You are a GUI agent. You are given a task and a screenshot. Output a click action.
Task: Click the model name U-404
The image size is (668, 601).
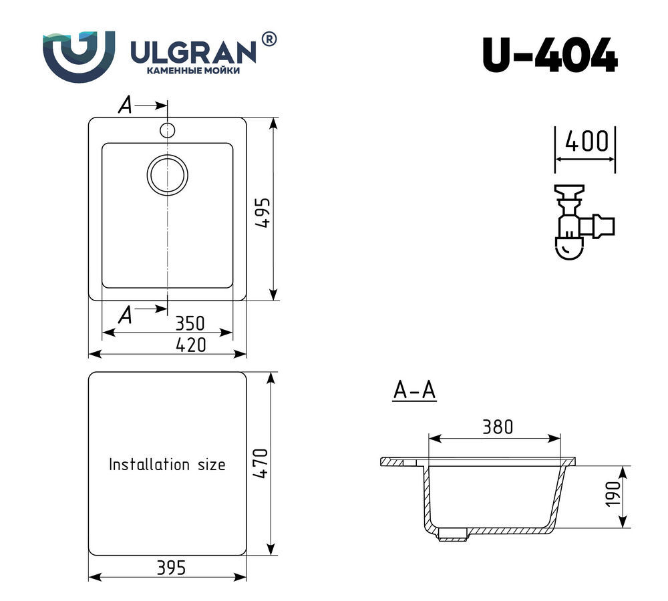(x=549, y=56)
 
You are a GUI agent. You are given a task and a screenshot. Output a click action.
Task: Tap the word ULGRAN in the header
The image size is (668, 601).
(x=191, y=50)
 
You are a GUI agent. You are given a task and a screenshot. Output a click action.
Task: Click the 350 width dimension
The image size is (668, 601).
(x=189, y=324)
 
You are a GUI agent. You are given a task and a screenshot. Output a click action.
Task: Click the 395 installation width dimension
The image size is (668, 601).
(x=170, y=568)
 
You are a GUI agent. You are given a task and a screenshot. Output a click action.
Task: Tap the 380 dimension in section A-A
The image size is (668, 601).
(x=496, y=427)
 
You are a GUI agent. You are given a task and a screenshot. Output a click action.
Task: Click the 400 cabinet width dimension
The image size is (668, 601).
(x=586, y=142)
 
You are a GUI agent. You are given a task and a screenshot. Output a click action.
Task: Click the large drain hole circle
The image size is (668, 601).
(x=168, y=175)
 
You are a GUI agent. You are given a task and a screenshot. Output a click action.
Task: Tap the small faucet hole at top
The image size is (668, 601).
(x=167, y=129)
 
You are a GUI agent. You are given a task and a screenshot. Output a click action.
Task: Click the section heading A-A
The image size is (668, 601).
(x=414, y=391)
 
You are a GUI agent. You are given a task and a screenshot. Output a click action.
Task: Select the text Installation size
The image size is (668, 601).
(x=167, y=464)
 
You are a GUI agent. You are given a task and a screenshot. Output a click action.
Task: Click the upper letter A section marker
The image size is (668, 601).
(x=125, y=105)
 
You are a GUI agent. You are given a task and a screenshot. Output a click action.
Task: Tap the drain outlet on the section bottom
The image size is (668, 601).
(x=452, y=535)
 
